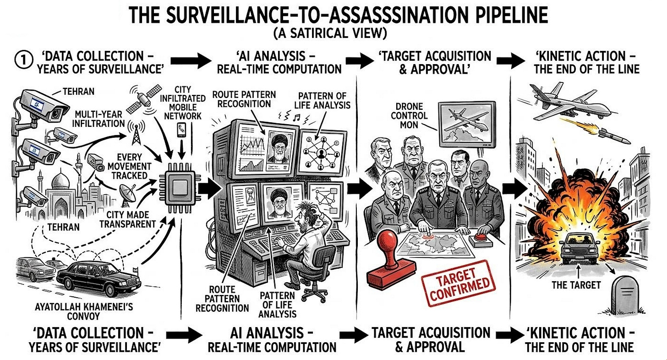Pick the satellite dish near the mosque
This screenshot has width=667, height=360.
click(127, 192)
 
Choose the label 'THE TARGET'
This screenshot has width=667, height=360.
click(575, 285)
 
